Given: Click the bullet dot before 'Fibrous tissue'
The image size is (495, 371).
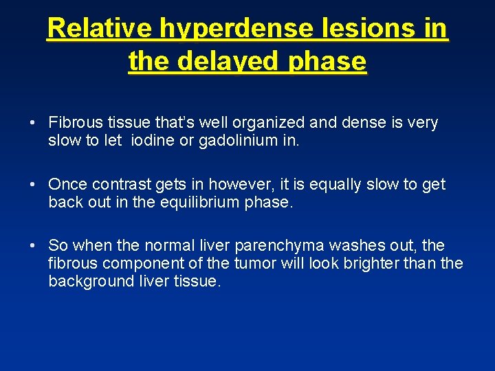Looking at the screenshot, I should tap(33, 123).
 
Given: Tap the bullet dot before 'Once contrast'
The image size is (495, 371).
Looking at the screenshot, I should tap(33, 185).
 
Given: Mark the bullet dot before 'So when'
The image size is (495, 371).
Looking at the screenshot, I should tap(33, 246).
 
